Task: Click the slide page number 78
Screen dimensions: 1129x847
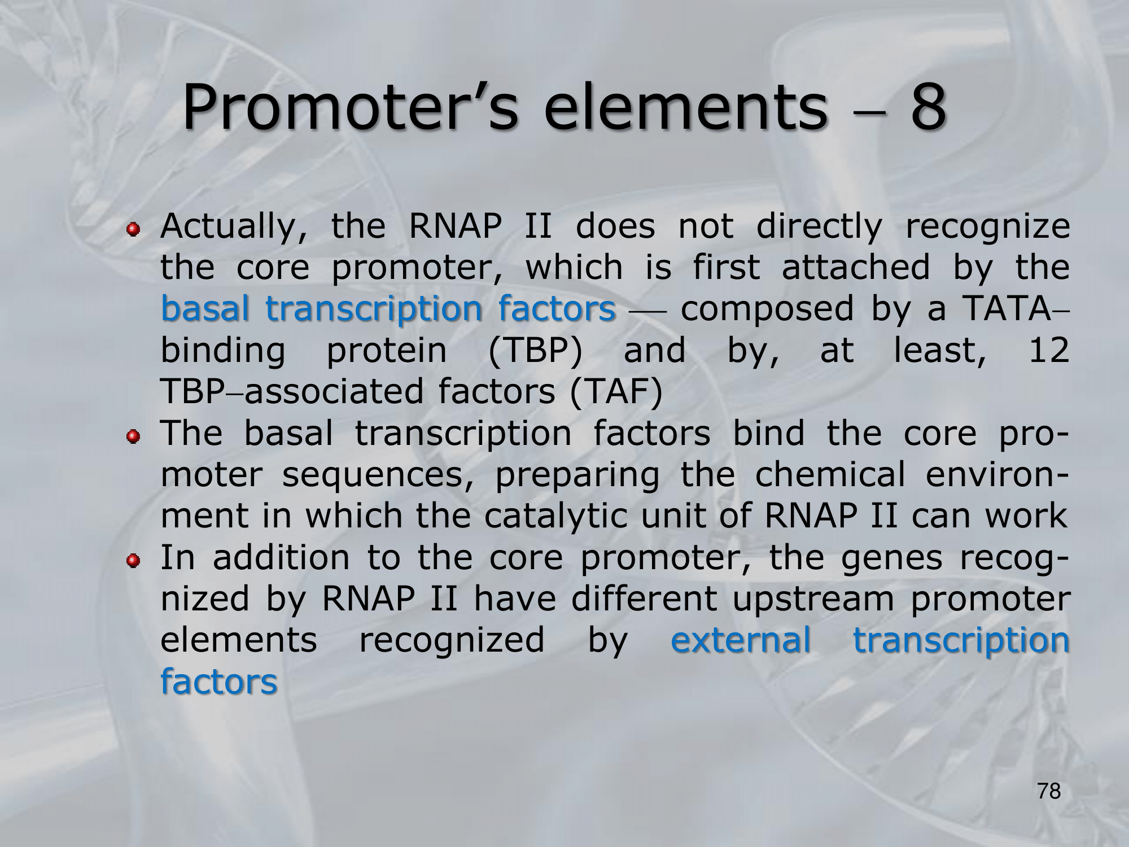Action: [x=1049, y=791]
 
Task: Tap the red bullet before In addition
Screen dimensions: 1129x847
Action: [x=133, y=560]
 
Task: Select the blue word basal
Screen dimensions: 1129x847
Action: [x=205, y=309]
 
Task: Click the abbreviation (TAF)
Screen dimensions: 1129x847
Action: [x=616, y=392]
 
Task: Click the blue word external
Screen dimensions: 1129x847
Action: [x=741, y=640]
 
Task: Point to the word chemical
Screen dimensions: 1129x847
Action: [x=830, y=474]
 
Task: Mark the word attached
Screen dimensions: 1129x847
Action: [x=856, y=267]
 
